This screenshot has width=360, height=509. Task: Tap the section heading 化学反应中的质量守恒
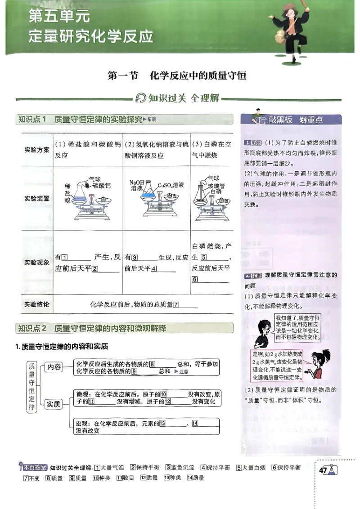tap(198, 76)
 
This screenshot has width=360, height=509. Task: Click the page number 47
tap(323, 470)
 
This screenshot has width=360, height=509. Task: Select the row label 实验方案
tap(37, 150)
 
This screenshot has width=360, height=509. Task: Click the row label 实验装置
tap(37, 198)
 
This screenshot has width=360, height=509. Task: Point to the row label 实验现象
tap(37, 262)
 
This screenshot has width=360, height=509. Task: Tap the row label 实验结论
tap(37, 304)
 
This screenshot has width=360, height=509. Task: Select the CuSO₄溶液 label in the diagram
tap(171, 185)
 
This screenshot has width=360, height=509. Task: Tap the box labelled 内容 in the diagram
tap(54, 367)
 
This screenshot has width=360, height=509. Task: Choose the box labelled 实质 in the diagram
tap(54, 404)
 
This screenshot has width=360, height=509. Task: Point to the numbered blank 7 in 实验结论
tap(176, 305)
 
